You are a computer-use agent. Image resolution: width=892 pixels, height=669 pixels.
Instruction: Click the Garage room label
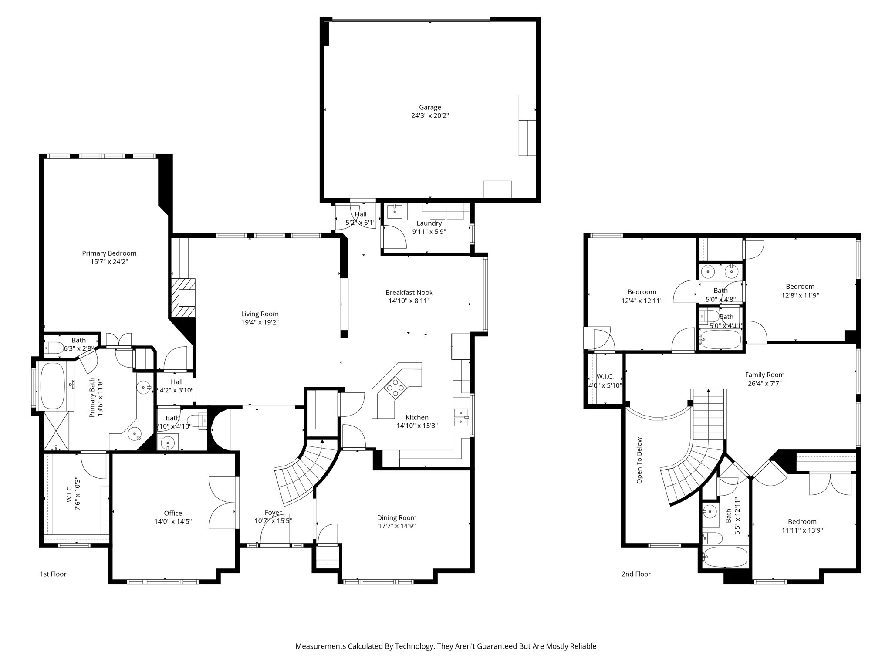point(430,107)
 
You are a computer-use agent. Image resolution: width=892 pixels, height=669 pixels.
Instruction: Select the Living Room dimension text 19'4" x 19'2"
point(260,323)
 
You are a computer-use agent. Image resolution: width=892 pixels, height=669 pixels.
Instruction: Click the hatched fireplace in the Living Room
point(183,298)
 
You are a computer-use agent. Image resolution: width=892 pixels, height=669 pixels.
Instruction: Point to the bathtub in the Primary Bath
point(52,386)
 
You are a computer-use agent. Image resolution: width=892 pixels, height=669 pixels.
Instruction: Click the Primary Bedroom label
point(109,253)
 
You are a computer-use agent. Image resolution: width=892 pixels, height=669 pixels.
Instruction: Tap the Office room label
point(173,513)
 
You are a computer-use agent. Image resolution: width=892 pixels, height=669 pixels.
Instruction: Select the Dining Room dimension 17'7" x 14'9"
point(397,526)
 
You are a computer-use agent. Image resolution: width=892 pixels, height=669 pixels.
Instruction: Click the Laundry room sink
point(397,211)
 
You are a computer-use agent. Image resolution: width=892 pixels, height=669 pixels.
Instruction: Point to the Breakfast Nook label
point(409,292)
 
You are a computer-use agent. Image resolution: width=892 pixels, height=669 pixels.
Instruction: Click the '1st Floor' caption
point(53,574)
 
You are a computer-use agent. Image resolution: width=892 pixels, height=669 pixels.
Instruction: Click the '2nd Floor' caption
point(636,574)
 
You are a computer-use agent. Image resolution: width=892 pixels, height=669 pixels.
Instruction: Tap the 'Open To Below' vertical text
point(639,461)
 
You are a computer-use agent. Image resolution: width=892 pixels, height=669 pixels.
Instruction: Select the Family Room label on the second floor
point(765,375)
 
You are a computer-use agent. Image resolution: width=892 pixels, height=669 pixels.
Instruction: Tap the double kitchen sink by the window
point(461,417)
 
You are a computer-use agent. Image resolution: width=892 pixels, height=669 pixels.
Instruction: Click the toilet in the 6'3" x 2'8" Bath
point(54,348)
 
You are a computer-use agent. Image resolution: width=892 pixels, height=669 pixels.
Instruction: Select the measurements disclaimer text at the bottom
point(446,646)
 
